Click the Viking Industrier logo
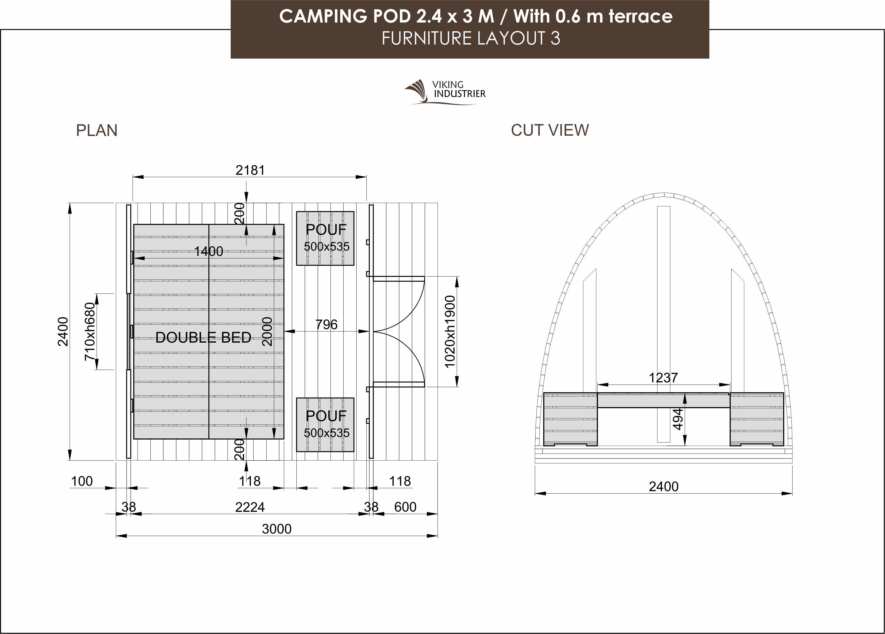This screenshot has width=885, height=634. [x=445, y=92]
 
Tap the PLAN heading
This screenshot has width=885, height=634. [x=97, y=130]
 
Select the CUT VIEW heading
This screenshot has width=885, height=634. [x=550, y=130]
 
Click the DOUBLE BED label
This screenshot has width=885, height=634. [x=203, y=338]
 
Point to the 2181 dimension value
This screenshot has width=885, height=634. [x=250, y=170]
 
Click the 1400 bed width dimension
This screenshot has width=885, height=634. [x=209, y=251]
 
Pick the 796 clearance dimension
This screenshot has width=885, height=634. [x=326, y=324]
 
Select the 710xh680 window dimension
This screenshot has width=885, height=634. [x=90, y=332]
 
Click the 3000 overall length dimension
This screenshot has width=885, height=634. [x=276, y=529]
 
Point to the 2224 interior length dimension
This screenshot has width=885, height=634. [x=250, y=507]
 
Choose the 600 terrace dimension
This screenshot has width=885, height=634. [x=405, y=507]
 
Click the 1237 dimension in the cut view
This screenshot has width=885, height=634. [x=663, y=378]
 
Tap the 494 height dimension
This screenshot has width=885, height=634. [x=678, y=419]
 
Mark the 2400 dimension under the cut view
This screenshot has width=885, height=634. [x=663, y=486]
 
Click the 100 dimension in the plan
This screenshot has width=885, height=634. [x=82, y=481]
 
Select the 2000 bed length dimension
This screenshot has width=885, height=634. [x=267, y=332]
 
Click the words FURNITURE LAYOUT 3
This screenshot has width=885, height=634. [x=471, y=38]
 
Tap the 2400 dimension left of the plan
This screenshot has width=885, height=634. [x=63, y=332]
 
